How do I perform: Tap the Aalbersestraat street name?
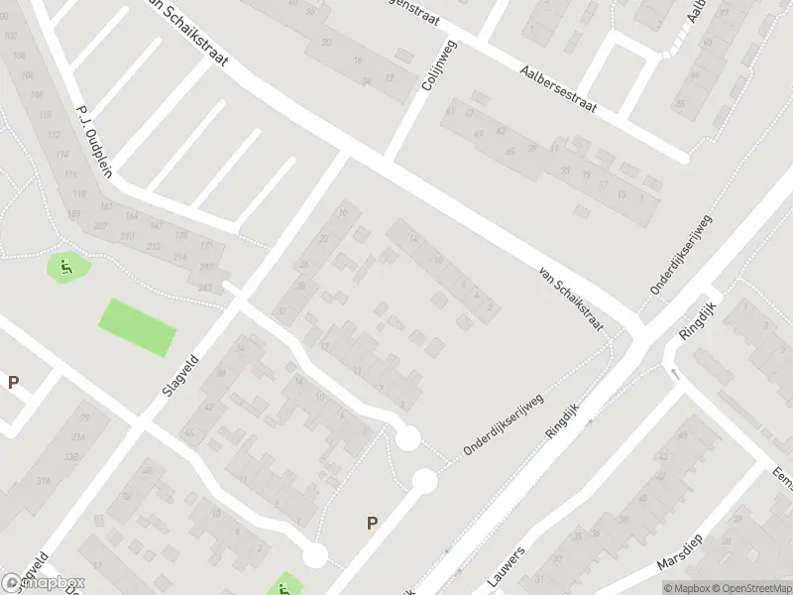pos(559,90)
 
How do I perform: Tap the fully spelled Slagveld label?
pos(174,386)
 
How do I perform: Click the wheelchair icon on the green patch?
pos(66,265)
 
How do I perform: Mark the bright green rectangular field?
pos(138,326)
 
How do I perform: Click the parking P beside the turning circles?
pos(373,524)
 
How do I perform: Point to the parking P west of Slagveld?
pos(14,382)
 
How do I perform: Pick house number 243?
pos(205,288)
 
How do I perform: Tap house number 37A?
pos(45,481)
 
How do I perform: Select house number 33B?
pos(71,456)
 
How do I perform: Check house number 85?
pos(680,102)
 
